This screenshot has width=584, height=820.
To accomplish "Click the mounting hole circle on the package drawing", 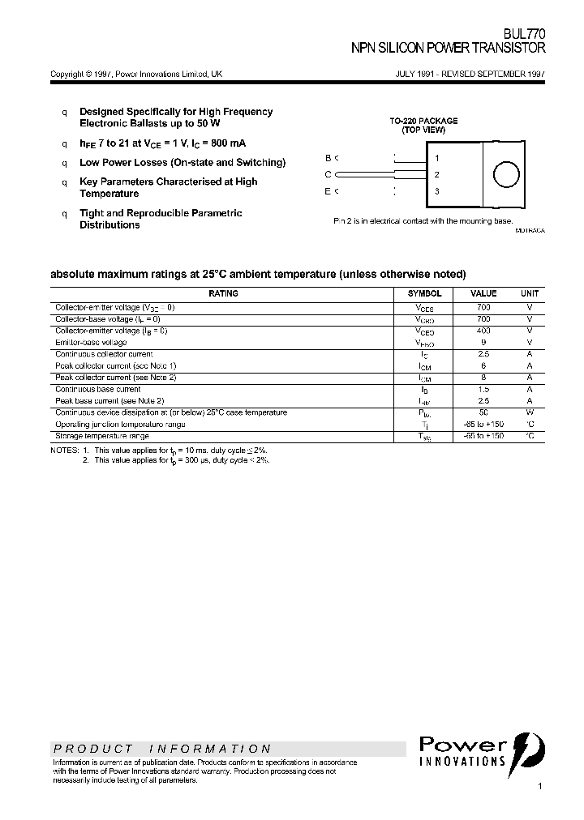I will tap(506, 174).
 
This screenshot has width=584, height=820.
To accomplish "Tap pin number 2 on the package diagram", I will tap(437, 174).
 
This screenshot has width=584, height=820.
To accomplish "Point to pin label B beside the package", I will tap(328, 158).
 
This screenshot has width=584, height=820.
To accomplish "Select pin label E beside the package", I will tap(328, 191).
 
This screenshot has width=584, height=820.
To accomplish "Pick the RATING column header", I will tap(223, 293).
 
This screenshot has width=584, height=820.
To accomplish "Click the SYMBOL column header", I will tap(424, 293).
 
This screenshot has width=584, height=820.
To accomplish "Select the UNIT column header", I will tap(529, 293).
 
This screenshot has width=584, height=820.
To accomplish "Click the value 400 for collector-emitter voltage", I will tap(483, 331).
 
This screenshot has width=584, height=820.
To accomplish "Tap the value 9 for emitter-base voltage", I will tap(483, 343).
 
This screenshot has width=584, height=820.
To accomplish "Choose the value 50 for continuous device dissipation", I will tap(483, 412).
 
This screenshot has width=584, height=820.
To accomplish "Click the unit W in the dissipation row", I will tap(529, 412).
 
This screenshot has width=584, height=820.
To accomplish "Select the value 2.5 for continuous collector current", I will tap(483, 354).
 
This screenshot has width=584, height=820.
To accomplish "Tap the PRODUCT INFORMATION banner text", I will tap(162, 749).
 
